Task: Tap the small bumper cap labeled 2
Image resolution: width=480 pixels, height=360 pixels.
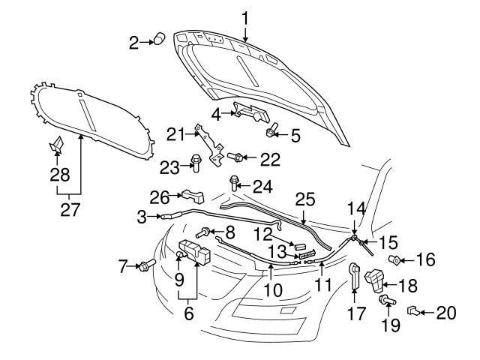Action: [159, 40]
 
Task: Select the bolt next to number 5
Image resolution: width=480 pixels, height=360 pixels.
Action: [270, 132]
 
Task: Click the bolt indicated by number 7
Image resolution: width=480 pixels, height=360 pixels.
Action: [145, 265]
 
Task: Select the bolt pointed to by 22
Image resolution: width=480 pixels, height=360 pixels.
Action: [237, 157]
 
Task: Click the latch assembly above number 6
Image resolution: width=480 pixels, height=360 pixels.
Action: [193, 253]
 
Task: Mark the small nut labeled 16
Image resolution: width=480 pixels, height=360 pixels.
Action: [394, 260]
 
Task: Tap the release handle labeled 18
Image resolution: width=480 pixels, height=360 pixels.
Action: [373, 281]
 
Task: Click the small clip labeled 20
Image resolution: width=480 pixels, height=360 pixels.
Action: [413, 310]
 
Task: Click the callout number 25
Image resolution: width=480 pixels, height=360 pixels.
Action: [303, 201]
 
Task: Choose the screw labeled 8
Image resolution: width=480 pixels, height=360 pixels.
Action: [203, 233]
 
